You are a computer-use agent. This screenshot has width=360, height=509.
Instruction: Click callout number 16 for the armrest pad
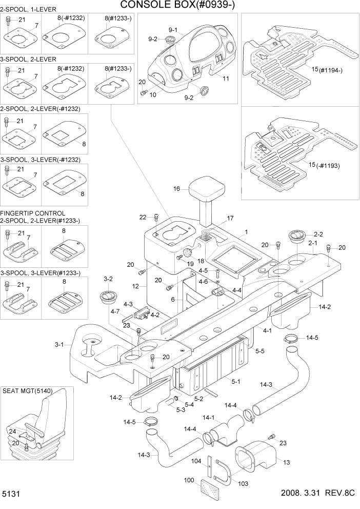(176, 189)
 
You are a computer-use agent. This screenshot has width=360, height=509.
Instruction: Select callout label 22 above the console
(143, 217)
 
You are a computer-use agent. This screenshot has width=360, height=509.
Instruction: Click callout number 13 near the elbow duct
(286, 462)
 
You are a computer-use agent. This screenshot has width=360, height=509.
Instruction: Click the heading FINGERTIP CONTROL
(33, 213)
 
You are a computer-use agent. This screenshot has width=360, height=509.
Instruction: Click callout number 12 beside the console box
(135, 285)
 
